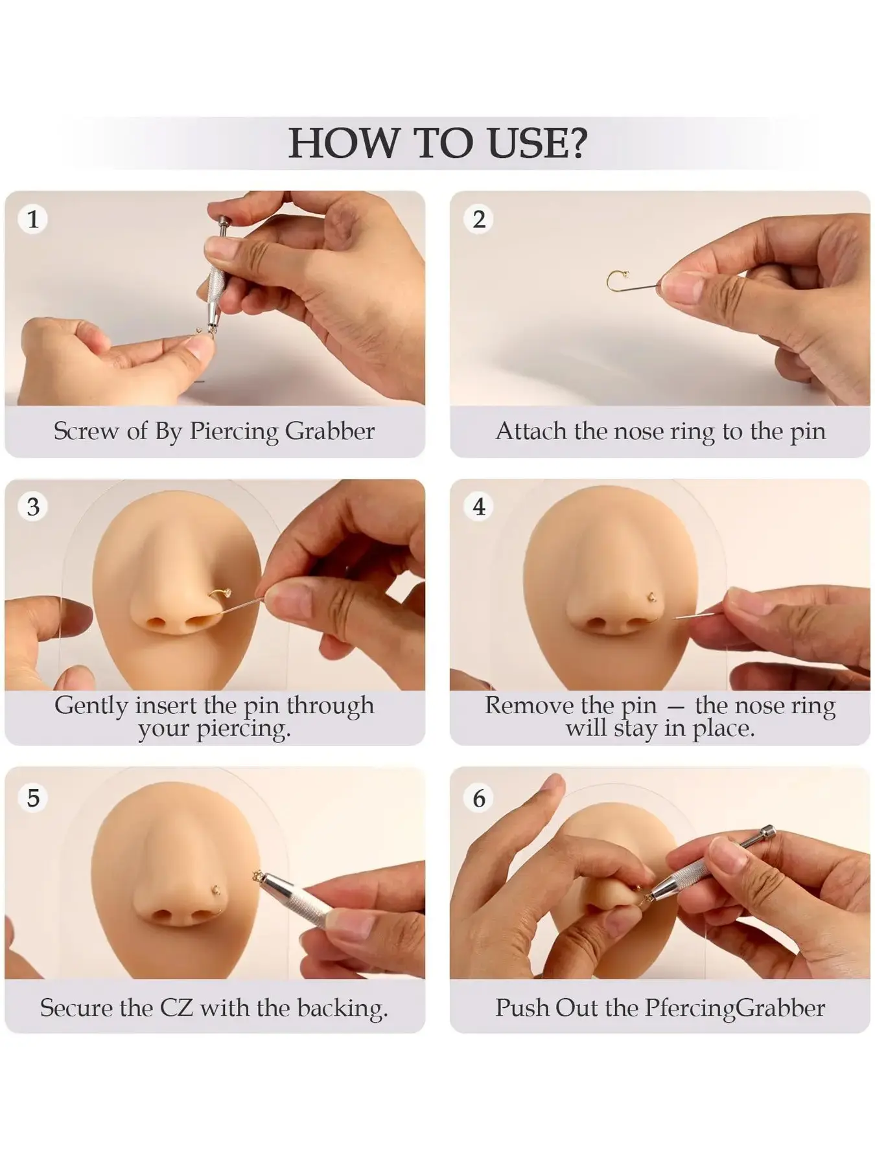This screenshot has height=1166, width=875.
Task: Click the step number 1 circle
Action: (x=33, y=219)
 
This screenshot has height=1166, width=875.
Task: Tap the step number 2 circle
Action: (x=479, y=219)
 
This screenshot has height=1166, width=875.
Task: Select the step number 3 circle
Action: (x=33, y=507)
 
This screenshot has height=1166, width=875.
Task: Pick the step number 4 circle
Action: (x=479, y=507)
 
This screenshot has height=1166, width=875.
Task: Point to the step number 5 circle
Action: (x=33, y=797)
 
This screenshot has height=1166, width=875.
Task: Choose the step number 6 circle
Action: (x=479, y=797)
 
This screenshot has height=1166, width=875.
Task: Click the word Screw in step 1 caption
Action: (x=87, y=431)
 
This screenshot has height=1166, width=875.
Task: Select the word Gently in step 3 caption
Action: (x=91, y=705)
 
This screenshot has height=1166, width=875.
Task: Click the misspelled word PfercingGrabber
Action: (x=735, y=1008)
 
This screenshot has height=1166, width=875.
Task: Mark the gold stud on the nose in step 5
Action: (x=218, y=889)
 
